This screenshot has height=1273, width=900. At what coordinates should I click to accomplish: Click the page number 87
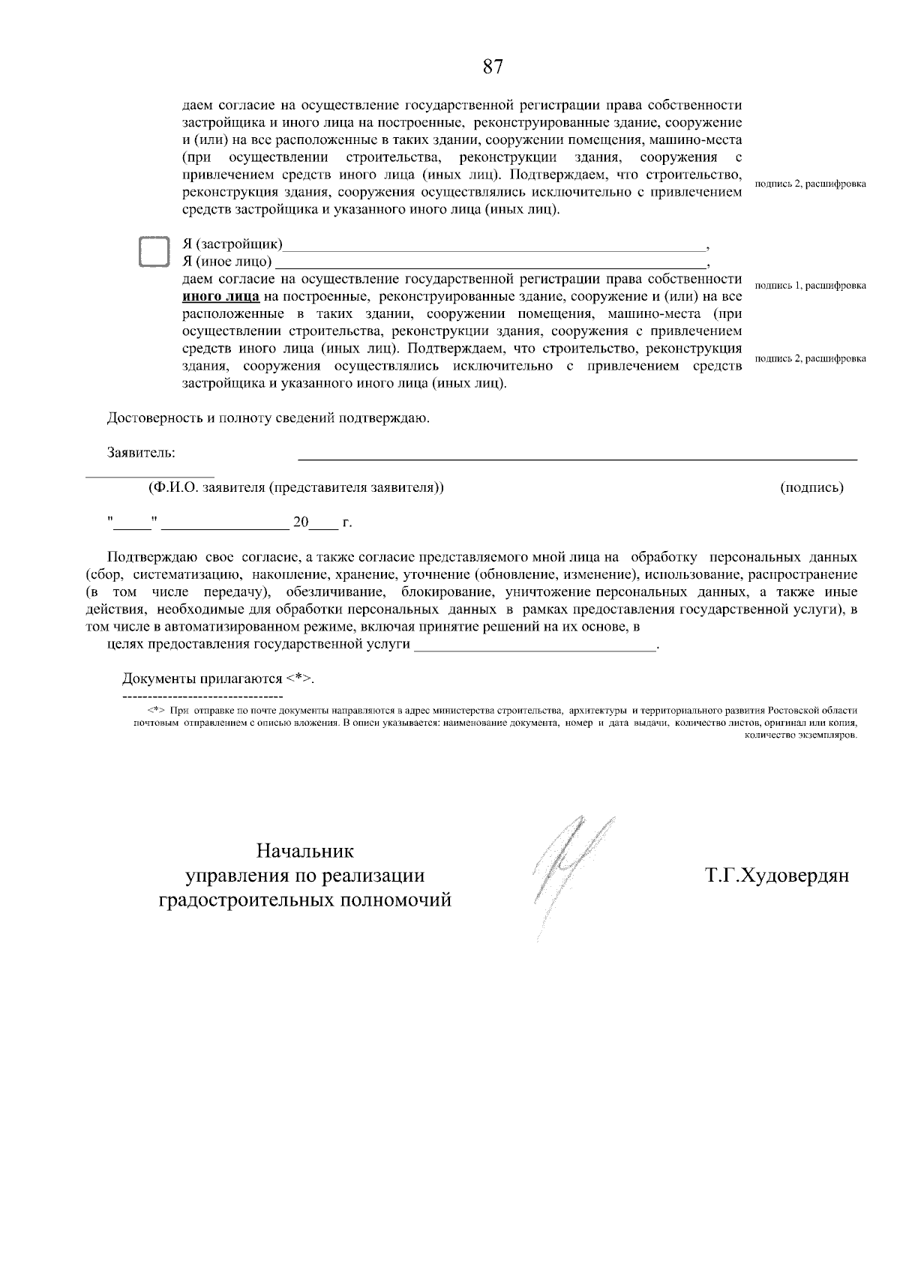[x=492, y=67]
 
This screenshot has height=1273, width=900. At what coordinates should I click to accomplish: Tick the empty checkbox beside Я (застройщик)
[x=155, y=252]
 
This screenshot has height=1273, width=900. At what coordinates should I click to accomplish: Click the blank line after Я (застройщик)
[x=494, y=247]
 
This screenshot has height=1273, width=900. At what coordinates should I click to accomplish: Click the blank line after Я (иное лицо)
[x=491, y=265]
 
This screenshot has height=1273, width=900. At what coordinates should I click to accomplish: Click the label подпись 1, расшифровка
[x=810, y=286]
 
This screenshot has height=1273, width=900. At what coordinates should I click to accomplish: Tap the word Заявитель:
[x=141, y=453]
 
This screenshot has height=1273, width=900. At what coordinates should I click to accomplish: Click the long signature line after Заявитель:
[x=577, y=457]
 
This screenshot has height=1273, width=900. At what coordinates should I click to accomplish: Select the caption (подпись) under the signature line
[x=812, y=488]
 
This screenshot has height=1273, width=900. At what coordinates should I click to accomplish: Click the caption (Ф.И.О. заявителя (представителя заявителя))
[x=296, y=488]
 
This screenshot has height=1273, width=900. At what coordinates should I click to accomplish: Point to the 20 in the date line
[x=301, y=523]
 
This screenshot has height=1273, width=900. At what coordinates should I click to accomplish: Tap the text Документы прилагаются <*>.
[x=218, y=679]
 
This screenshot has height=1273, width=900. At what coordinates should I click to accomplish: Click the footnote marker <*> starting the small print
[x=156, y=709]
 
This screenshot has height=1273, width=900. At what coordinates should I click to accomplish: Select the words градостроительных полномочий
[x=304, y=900]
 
